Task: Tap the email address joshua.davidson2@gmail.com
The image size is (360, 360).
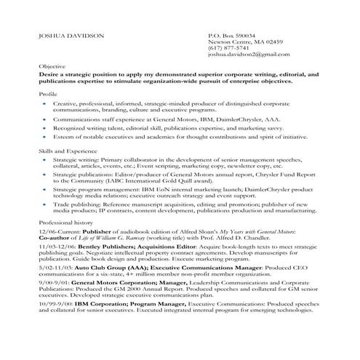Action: pos(251,55)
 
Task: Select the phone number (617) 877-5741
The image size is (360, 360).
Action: pos(229,48)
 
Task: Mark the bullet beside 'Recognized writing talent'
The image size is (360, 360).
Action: pos(45,126)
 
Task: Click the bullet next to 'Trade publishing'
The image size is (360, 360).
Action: pos(45,205)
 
